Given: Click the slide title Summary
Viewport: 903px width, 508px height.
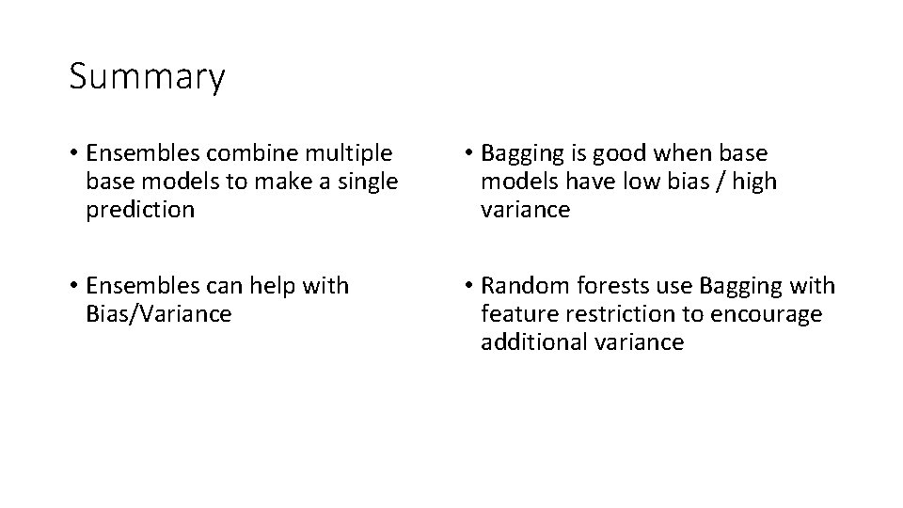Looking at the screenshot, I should (147, 77).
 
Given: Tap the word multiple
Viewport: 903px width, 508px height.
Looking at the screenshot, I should (351, 153).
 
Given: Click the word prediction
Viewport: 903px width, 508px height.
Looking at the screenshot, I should (140, 210).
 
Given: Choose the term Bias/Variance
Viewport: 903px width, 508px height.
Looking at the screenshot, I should (158, 313).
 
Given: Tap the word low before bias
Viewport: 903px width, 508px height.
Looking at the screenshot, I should (645, 182).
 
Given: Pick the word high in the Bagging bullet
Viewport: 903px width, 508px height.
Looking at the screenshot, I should (756, 182).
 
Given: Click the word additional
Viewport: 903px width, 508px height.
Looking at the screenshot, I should (534, 341).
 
